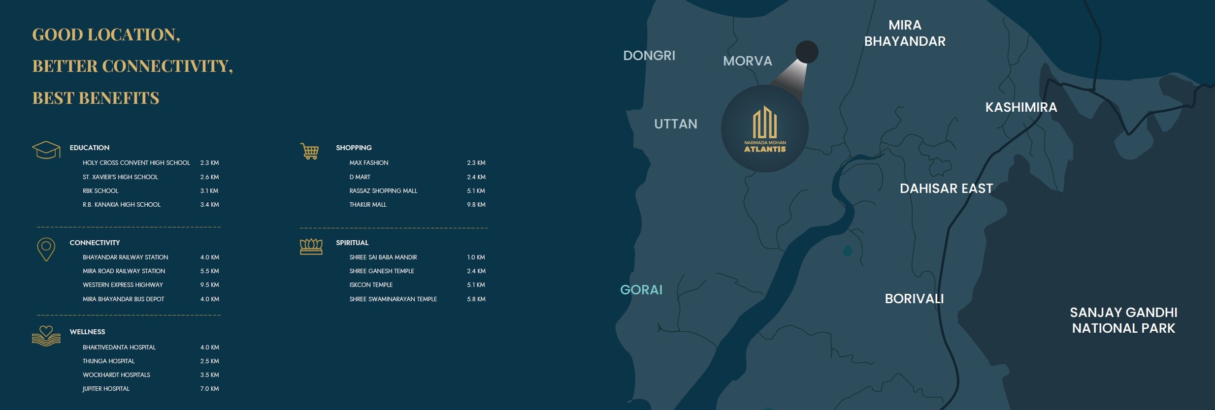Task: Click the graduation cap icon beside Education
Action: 46,150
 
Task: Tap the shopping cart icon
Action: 310,151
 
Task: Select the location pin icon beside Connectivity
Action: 46,249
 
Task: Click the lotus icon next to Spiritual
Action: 311,246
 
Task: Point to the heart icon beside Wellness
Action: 46,336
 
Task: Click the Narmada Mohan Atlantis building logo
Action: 765,129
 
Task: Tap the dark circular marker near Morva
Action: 807,52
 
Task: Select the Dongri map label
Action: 649,56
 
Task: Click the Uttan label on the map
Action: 676,124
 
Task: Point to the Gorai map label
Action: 641,290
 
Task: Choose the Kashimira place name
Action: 1021,107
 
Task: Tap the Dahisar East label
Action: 946,189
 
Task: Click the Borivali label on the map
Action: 914,299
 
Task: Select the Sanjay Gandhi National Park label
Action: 1123,320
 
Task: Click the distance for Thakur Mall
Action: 476,205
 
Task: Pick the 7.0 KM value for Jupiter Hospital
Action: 209,389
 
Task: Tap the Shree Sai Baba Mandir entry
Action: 383,257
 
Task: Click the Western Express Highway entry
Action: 123,285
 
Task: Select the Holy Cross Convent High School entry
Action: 136,163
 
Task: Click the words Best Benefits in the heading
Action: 96,98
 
